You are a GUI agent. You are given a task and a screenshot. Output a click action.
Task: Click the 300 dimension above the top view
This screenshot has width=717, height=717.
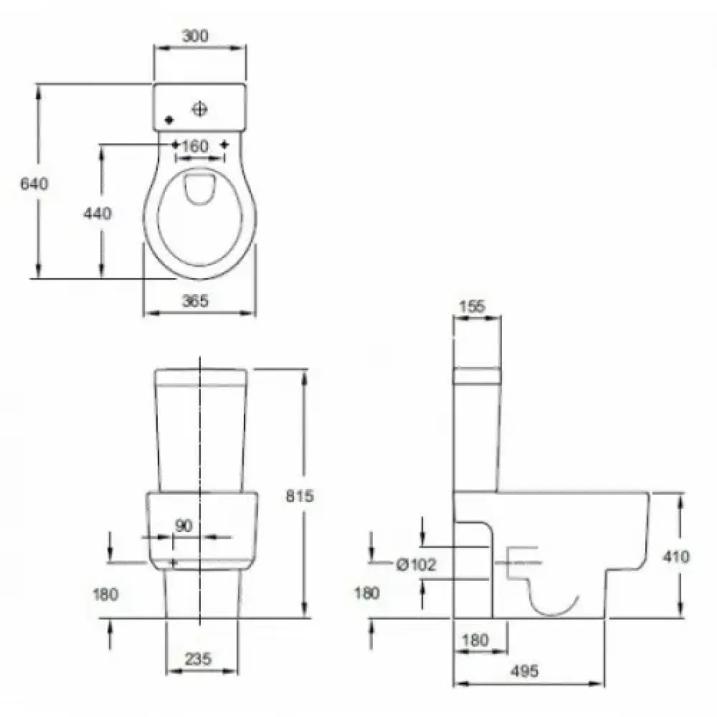[195, 36]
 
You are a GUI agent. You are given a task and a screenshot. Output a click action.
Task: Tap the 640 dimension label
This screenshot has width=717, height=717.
[34, 184]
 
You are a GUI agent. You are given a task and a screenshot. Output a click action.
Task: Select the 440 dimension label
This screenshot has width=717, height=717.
[98, 213]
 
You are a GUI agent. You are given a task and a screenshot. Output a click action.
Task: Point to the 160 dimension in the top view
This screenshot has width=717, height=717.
[195, 146]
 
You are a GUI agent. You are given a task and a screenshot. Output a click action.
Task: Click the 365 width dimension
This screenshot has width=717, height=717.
[195, 300]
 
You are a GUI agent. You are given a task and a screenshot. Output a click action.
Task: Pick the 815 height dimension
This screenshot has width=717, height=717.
[300, 495]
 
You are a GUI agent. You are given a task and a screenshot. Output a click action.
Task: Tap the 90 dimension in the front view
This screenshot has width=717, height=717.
[184, 526]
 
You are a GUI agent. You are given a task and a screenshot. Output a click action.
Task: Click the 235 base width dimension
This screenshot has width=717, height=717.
[199, 659]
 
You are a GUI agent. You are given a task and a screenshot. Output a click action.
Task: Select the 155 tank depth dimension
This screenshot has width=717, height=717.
[472, 306]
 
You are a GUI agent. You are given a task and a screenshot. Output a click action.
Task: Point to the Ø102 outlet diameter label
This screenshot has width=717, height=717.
[416, 565]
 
